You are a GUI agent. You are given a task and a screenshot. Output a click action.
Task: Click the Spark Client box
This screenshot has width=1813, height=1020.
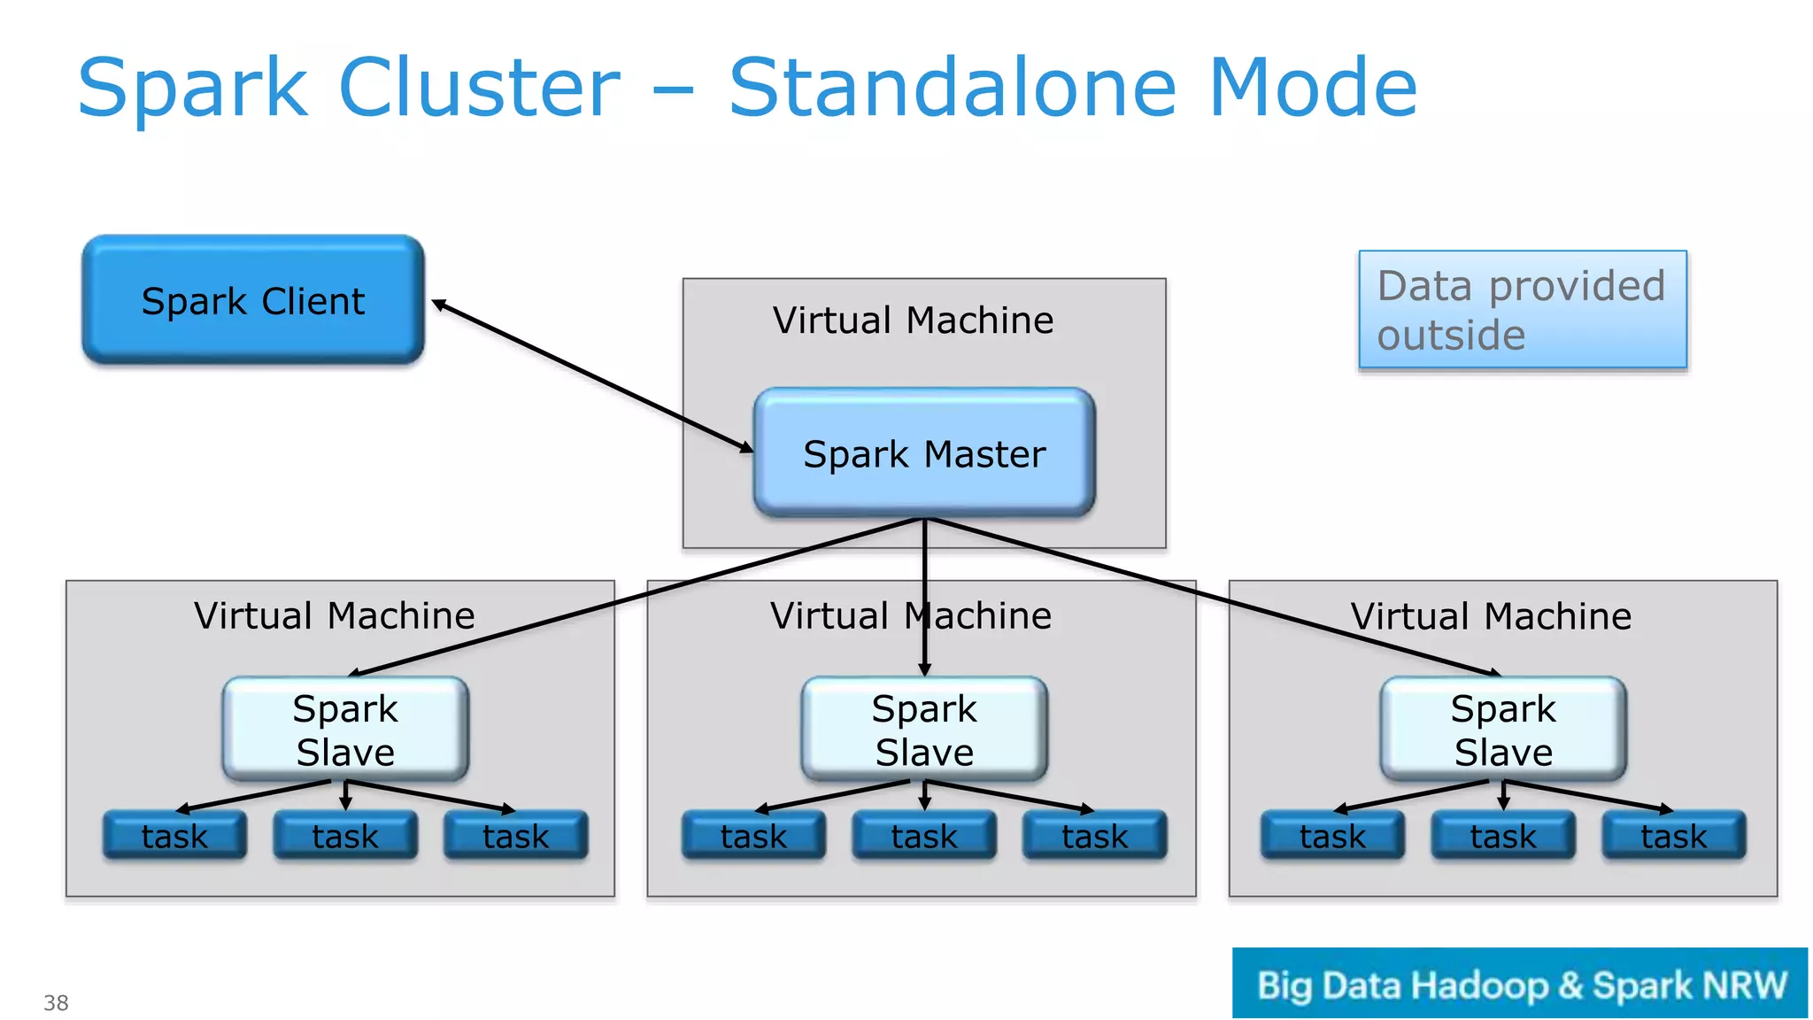click(253, 301)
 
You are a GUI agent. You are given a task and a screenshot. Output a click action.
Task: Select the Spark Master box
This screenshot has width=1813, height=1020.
click(924, 453)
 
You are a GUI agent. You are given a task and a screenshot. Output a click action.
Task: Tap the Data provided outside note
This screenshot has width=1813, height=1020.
click(1522, 310)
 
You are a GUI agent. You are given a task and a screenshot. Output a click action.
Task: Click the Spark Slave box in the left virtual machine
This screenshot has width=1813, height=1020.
click(345, 730)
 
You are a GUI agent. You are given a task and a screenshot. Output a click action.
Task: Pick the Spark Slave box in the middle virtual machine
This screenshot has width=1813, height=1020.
click(924, 730)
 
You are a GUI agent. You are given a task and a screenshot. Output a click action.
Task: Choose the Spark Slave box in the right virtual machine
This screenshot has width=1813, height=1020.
click(1503, 730)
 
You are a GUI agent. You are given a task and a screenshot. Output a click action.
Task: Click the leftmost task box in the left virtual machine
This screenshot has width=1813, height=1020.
click(174, 836)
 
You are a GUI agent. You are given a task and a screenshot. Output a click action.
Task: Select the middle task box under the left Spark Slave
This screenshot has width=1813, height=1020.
click(345, 836)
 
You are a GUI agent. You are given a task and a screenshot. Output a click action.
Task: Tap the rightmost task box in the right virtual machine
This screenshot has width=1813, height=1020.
click(1673, 836)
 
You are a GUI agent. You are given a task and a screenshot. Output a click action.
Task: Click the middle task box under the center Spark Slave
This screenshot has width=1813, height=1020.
click(924, 836)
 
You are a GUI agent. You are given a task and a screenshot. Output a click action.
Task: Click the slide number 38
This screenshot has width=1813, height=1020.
click(56, 1002)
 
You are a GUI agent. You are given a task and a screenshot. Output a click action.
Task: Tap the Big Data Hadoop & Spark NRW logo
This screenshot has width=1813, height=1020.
click(1520, 984)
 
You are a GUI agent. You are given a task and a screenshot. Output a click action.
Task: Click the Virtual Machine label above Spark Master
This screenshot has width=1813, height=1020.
click(913, 320)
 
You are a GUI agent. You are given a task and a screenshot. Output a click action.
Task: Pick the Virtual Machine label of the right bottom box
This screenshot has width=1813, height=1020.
click(1491, 615)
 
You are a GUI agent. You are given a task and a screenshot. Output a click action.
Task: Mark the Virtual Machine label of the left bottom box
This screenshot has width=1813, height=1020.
click(335, 615)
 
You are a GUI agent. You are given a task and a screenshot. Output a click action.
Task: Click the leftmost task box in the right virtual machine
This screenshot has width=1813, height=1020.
click(1332, 836)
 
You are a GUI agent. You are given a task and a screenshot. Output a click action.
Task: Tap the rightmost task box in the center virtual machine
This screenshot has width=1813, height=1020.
click(1095, 836)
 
